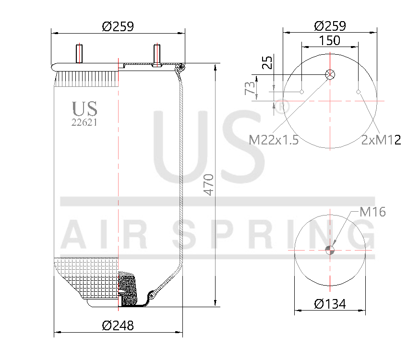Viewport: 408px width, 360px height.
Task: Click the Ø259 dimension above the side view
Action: point(118,27)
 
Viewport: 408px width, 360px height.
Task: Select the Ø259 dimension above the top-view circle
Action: point(330,26)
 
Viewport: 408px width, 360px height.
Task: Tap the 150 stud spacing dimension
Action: point(330,40)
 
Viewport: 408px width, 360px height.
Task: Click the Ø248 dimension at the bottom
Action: point(118,325)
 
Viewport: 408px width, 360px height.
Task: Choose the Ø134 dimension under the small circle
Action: point(330,304)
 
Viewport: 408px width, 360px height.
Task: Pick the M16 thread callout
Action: point(373,212)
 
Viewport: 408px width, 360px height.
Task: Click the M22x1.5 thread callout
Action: point(274,140)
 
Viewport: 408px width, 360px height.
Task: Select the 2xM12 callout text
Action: point(381,140)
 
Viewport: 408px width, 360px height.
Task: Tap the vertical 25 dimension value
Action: point(267,63)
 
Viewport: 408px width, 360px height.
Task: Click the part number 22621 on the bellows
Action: point(84,122)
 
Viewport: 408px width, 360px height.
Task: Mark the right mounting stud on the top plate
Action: point(156,54)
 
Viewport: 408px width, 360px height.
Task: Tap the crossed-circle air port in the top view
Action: point(330,74)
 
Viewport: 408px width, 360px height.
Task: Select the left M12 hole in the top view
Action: point(302,92)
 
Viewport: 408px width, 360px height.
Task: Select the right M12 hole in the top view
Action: point(359,92)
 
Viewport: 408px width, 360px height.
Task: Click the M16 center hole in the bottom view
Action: point(330,249)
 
